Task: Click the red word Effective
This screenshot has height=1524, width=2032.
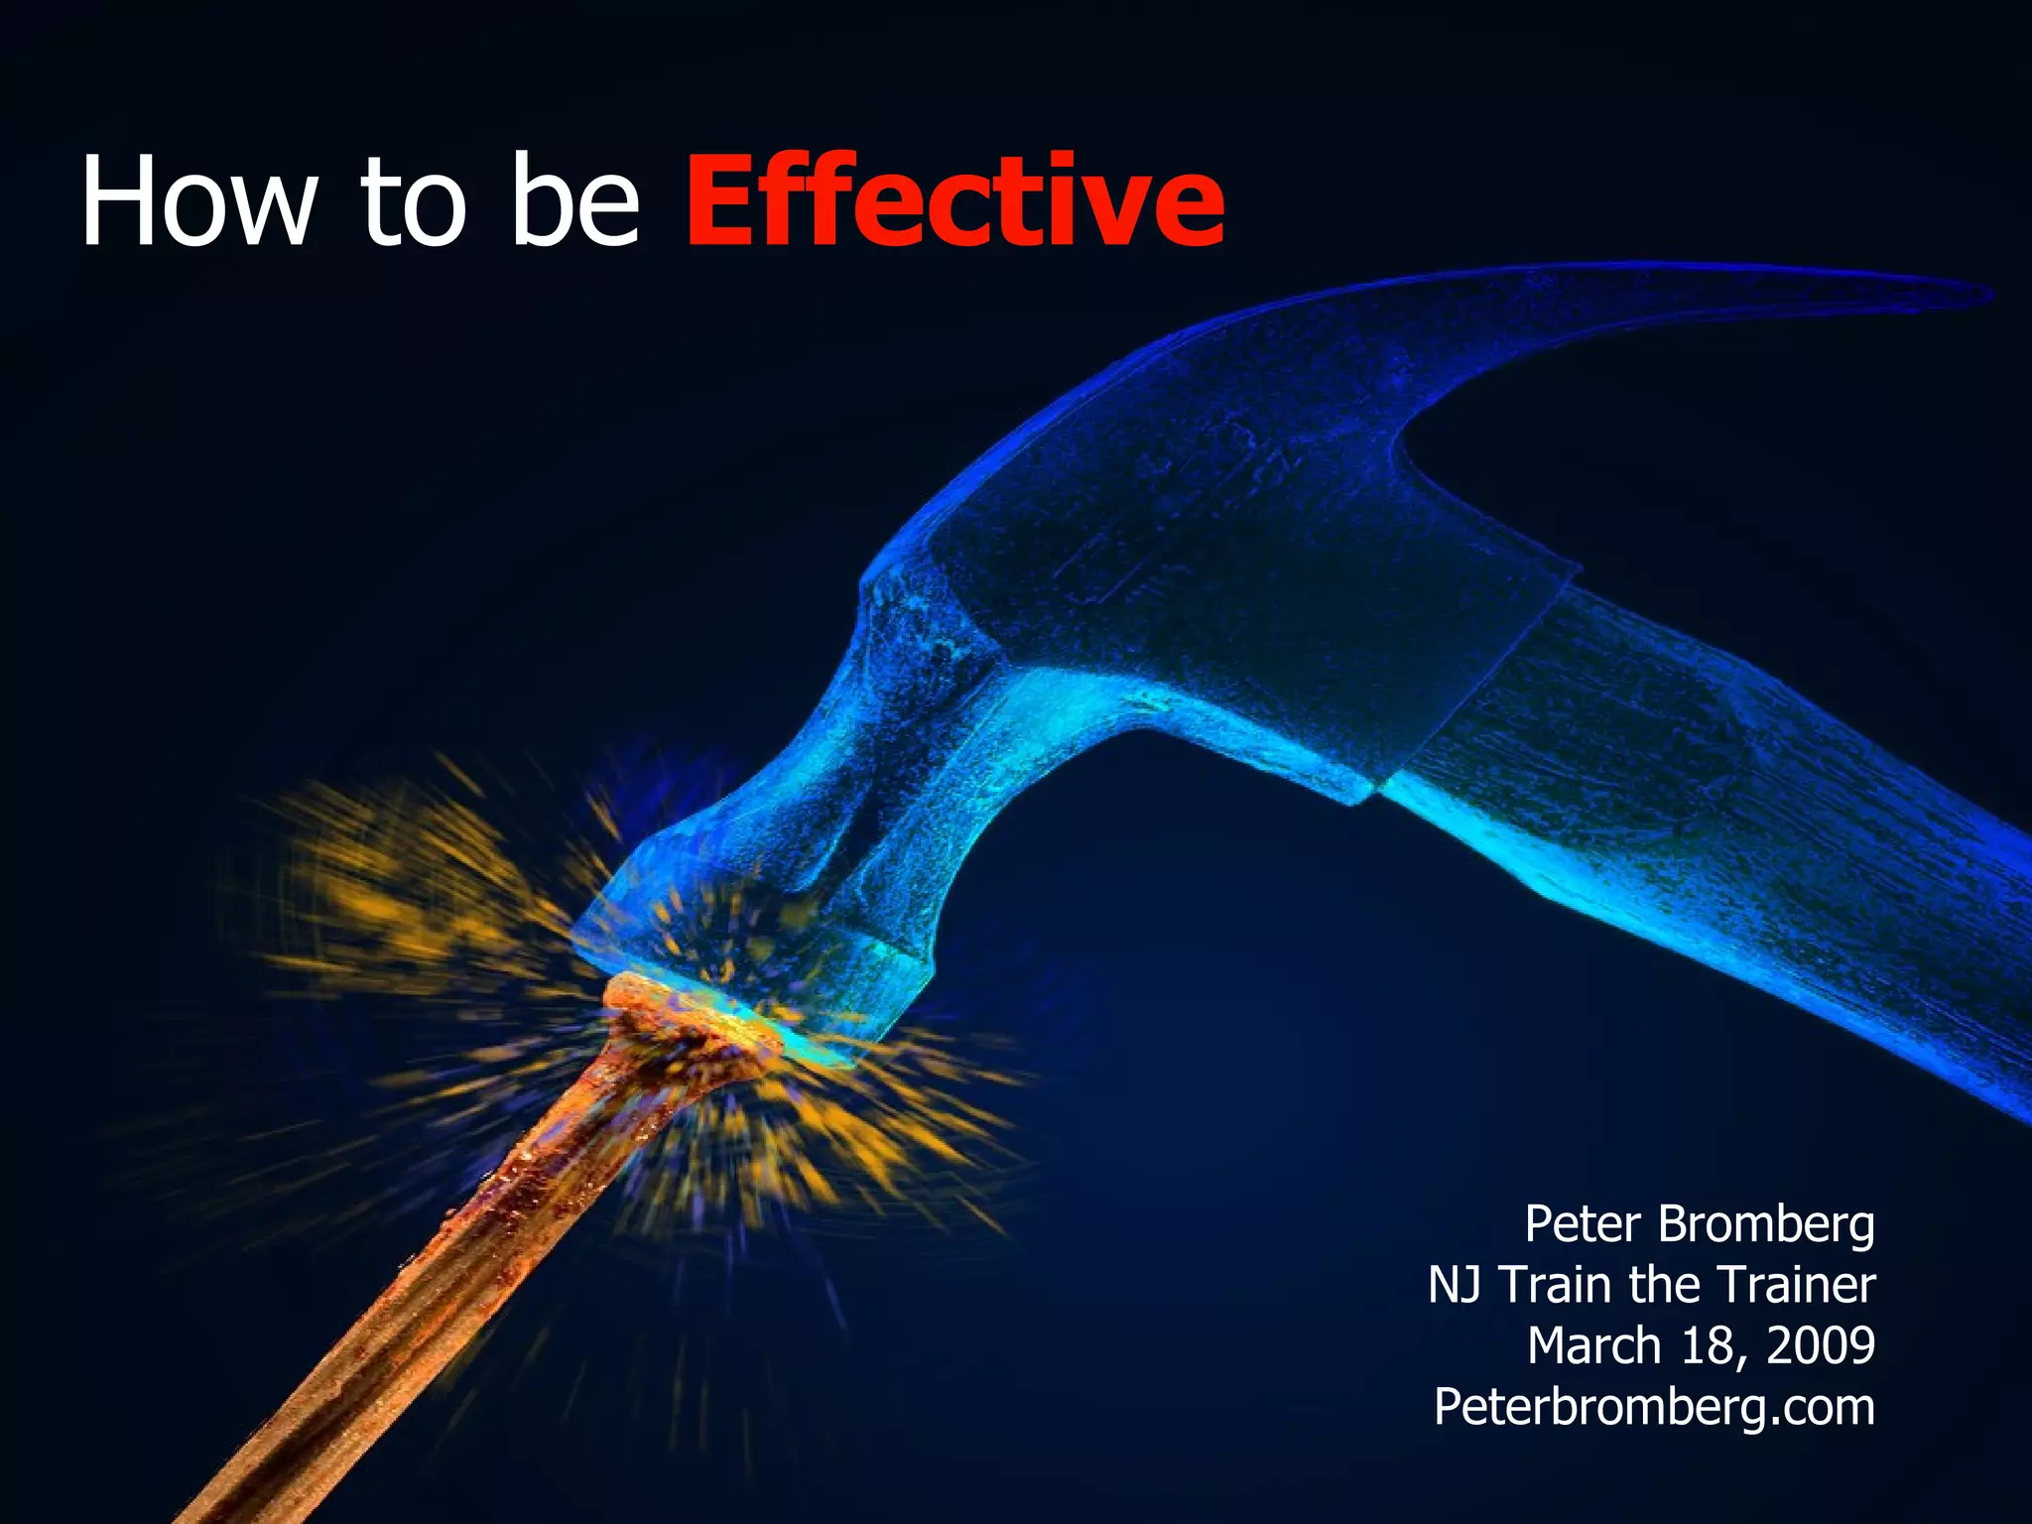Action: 954,201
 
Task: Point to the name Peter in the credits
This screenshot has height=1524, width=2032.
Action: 1583,1224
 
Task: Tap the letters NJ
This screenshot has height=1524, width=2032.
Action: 1455,1285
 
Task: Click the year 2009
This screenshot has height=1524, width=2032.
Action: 1821,1346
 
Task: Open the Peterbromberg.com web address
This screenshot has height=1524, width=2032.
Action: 1654,1408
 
